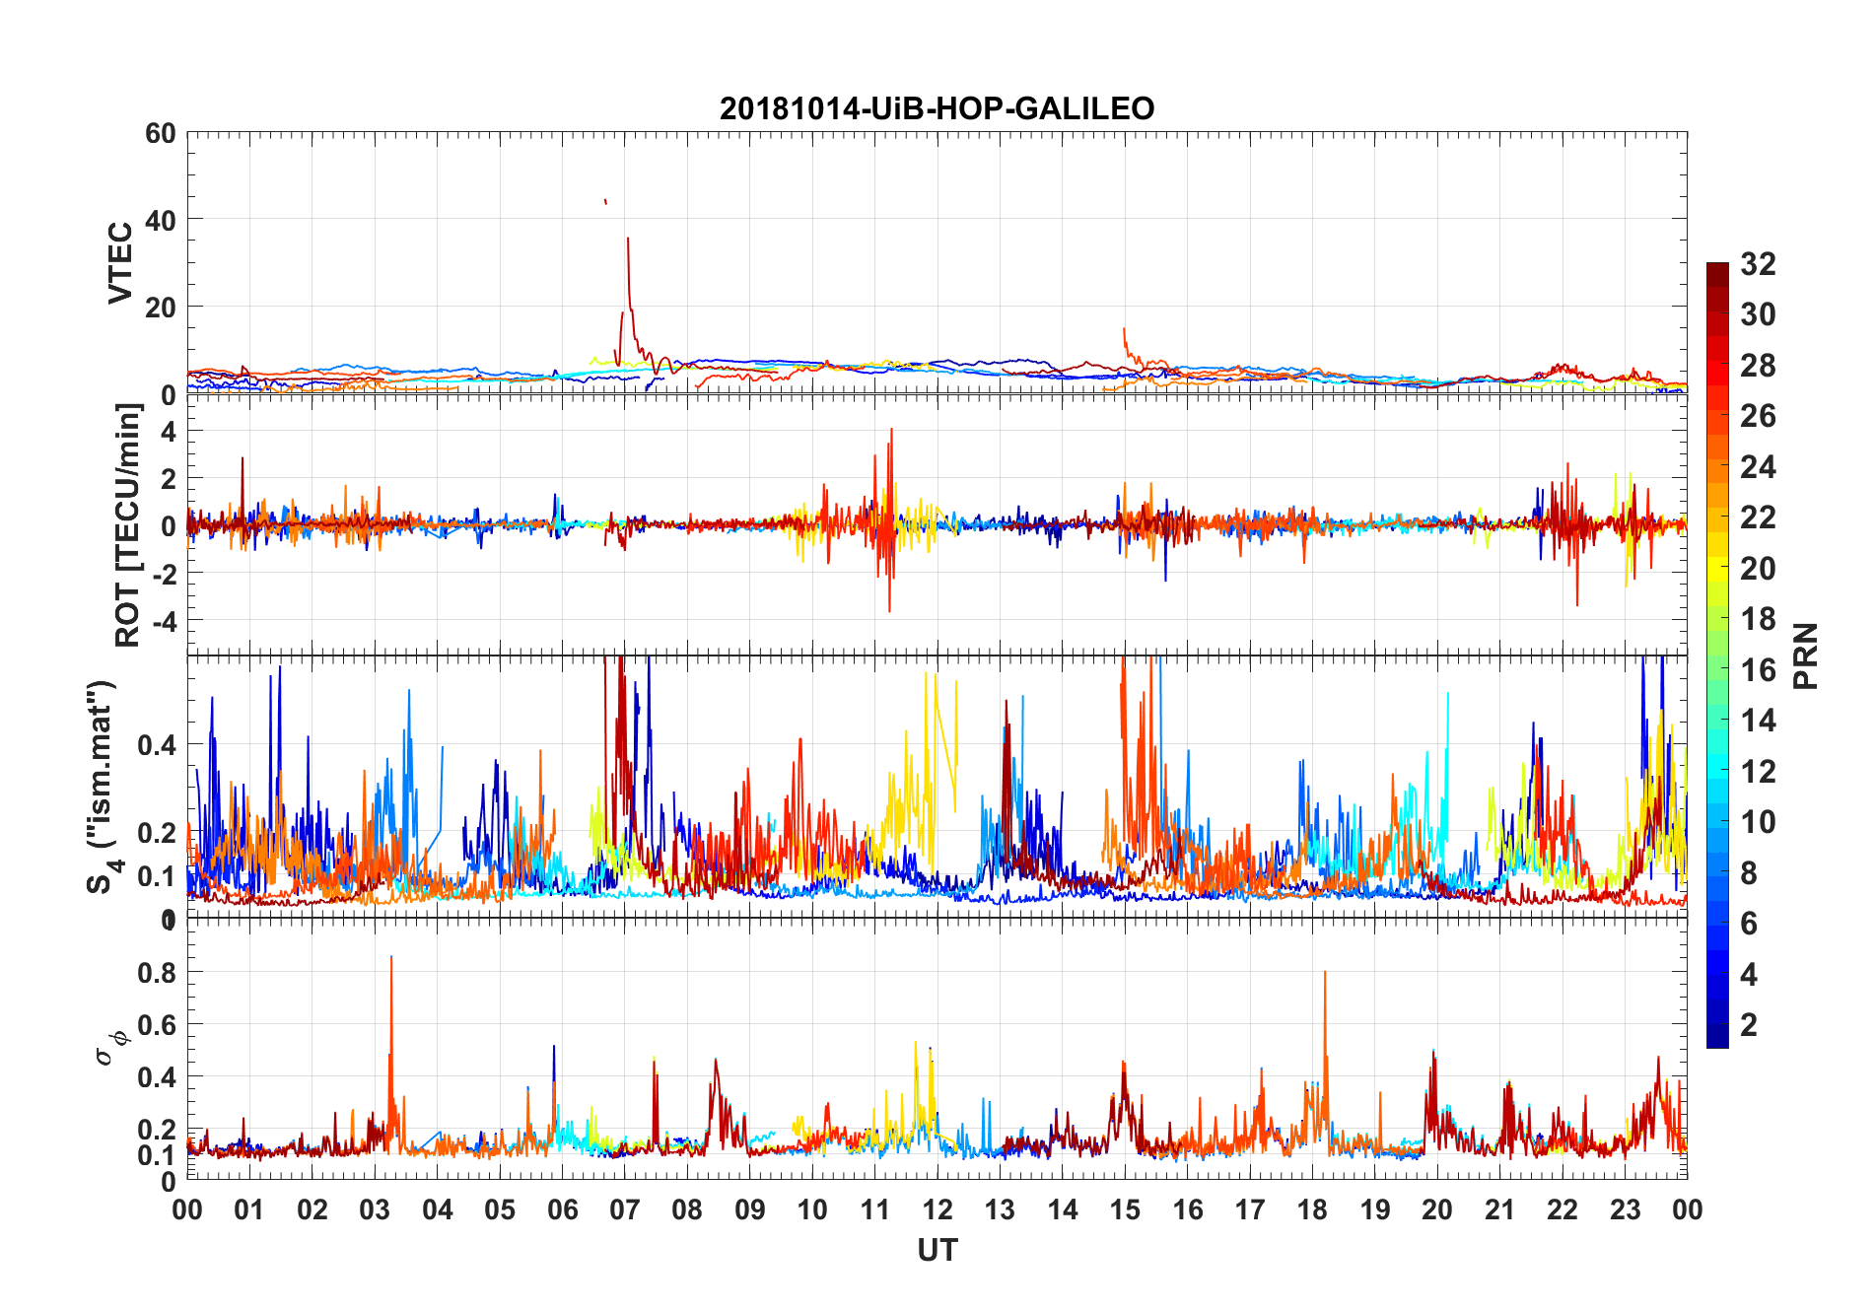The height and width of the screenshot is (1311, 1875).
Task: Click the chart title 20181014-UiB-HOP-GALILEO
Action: pyautogui.click(x=937, y=108)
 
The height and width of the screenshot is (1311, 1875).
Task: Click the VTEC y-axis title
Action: pyautogui.click(x=120, y=263)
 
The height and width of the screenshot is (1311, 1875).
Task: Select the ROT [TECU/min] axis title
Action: pyautogui.click(x=128, y=525)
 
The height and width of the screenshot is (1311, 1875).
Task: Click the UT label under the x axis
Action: pyautogui.click(x=937, y=1251)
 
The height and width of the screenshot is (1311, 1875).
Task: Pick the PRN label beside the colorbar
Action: pyautogui.click(x=1805, y=655)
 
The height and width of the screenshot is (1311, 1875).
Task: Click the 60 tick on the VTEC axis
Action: pyautogui.click(x=160, y=133)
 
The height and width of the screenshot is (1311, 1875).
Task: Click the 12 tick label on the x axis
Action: pyautogui.click(x=937, y=1210)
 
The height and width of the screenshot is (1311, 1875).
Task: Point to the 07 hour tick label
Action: pyautogui.click(x=625, y=1210)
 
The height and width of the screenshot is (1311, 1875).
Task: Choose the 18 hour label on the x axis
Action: pyautogui.click(x=1312, y=1210)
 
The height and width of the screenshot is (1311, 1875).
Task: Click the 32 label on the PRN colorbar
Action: pyautogui.click(x=1758, y=264)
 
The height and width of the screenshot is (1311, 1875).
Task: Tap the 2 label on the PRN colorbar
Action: pyautogui.click(x=1749, y=1025)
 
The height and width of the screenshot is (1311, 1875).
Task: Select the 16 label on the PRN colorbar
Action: pyautogui.click(x=1758, y=670)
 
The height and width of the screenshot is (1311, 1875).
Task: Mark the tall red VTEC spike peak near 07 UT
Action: pyautogui.click(x=628, y=238)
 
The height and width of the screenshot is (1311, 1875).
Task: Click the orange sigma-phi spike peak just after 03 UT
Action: pyautogui.click(x=391, y=957)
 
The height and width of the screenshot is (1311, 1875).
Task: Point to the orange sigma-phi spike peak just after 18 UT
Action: pyautogui.click(x=1325, y=973)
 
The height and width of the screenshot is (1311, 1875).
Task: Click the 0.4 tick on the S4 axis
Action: pyautogui.click(x=158, y=745)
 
